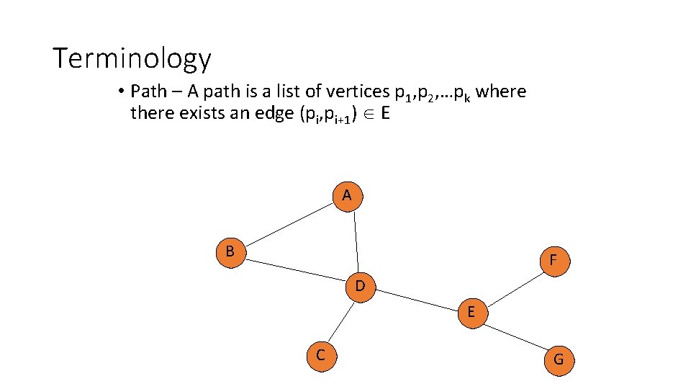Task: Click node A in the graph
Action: pos(348,195)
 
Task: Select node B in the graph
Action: pos(231,252)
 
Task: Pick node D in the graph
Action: pos(361,287)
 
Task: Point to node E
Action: pos(471,313)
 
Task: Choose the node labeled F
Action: pos(552,260)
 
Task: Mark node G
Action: pos(559,359)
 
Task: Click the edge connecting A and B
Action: pos(290,223)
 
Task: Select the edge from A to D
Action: pos(356,241)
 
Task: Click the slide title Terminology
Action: pos(132,58)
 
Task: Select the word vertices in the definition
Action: pos(357,92)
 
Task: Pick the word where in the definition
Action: pos(501,91)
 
